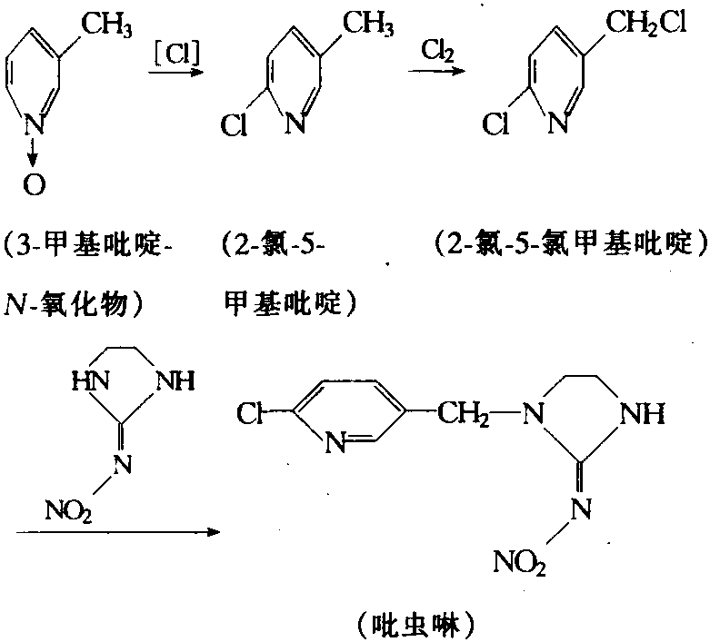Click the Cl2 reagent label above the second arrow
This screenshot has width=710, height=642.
pyautogui.click(x=437, y=52)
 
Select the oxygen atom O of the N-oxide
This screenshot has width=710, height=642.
pyautogui.click(x=34, y=187)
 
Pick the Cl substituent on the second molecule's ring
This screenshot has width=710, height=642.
pyautogui.click(x=235, y=124)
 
